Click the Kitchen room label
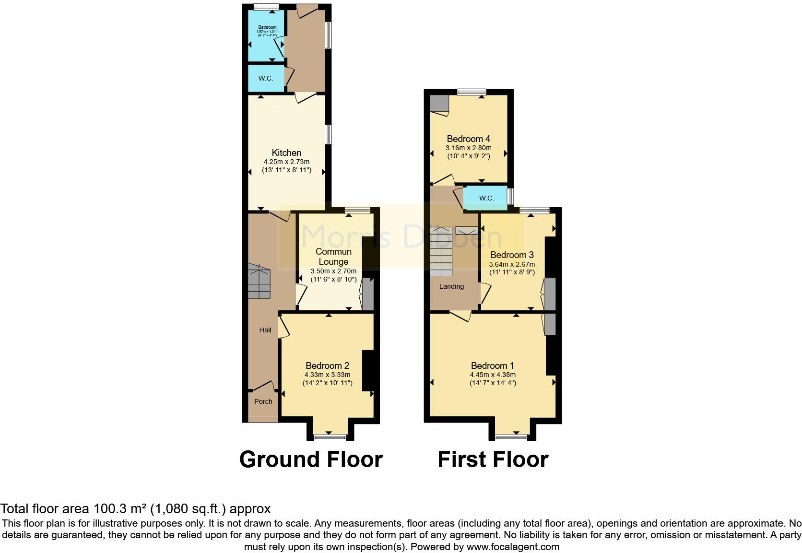[x=286, y=153]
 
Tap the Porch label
[x=263, y=401]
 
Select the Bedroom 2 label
[x=327, y=365]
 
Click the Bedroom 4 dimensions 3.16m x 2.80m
[x=468, y=148]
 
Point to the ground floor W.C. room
[x=266, y=78]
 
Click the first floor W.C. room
[x=486, y=198]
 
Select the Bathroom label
[x=267, y=27]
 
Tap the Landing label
[x=451, y=286]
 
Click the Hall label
[x=265, y=330]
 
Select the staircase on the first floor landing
[x=440, y=252]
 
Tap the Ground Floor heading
[x=311, y=459]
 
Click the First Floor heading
[x=493, y=459]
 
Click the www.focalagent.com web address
[x=512, y=547]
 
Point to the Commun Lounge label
[x=333, y=257]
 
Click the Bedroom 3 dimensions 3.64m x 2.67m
[x=512, y=264]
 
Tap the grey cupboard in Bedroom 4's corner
[x=439, y=103]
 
